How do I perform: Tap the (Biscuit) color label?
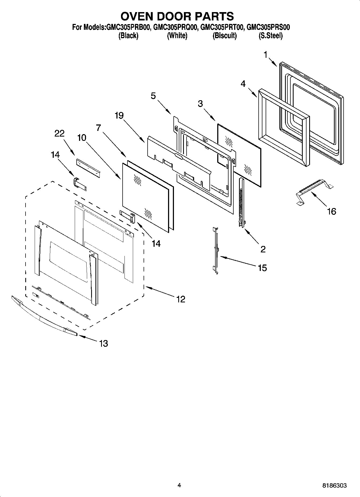(x=224, y=36)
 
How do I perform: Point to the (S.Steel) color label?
(x=270, y=36)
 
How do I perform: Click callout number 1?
(x=266, y=55)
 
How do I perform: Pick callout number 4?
(x=243, y=84)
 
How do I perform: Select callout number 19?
(x=119, y=116)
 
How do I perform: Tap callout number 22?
(x=59, y=134)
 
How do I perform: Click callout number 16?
(x=332, y=212)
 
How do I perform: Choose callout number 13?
(x=104, y=343)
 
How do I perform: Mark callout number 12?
(x=181, y=299)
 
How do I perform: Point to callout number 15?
(x=262, y=268)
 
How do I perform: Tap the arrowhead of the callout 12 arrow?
(x=147, y=288)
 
